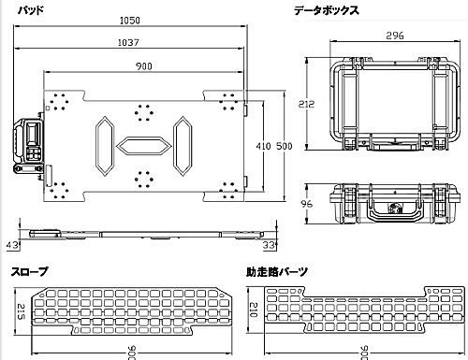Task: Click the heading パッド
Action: (x=31, y=10)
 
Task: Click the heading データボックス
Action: (x=327, y=10)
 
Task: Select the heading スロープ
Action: (x=30, y=271)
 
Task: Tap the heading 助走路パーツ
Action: (x=277, y=272)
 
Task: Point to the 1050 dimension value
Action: (x=130, y=21)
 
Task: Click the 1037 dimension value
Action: (x=128, y=42)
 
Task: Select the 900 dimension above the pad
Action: (x=144, y=66)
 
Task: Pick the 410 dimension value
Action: (x=263, y=146)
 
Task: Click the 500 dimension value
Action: (x=285, y=146)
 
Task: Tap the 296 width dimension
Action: (x=395, y=36)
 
